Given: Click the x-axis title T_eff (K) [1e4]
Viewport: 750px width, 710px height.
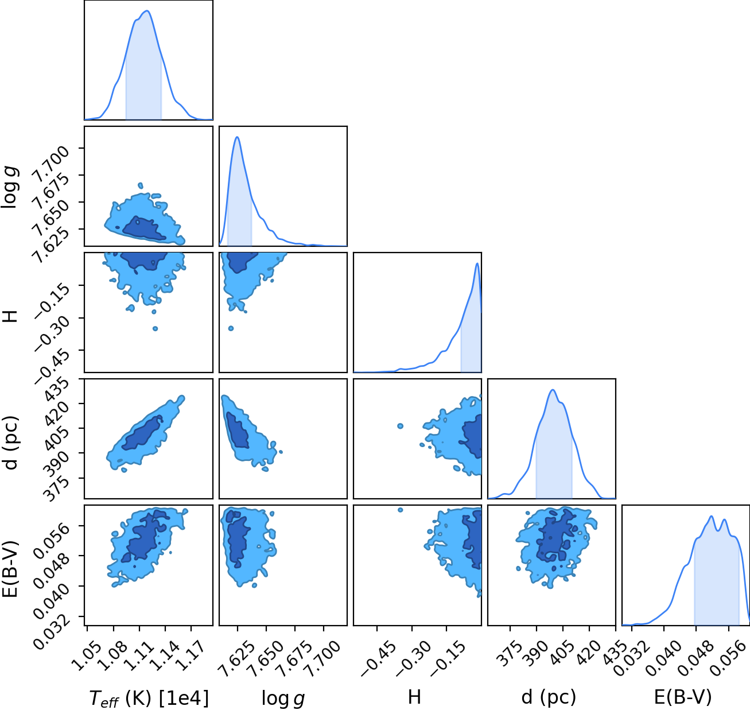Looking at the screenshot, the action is pos(149,698).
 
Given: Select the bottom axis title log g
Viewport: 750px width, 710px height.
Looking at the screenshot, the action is pos(283,699).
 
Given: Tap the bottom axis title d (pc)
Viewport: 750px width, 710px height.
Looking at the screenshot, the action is pos(549,698).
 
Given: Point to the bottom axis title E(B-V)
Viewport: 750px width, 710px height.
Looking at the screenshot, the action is pos(683,697).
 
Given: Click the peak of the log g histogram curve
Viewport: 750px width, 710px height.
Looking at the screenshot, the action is pos(238,137).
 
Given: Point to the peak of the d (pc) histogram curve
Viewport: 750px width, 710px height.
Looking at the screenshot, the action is pos(553,390).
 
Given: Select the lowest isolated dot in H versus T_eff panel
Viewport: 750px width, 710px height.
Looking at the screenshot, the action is pos(155,329).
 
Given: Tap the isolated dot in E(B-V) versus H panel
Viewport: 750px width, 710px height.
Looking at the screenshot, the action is pos(400,510).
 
